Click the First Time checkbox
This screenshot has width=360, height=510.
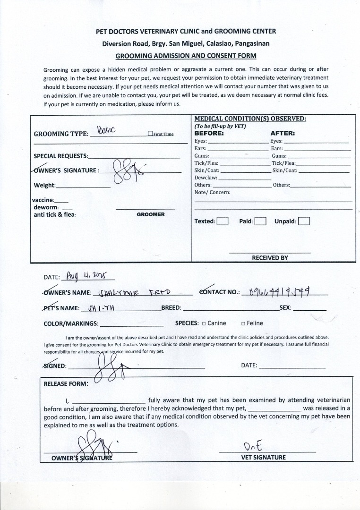150,134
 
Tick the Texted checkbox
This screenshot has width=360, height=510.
223,221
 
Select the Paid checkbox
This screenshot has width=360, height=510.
260,221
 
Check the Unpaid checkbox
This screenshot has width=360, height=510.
304,221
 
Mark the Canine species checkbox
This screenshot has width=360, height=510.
204,323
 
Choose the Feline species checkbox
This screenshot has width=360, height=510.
243,323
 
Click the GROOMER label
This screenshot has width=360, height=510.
151,214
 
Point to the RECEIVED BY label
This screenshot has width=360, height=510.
270,258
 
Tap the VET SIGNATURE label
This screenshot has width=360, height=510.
264,457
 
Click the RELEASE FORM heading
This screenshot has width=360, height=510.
66,383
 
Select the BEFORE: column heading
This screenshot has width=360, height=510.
209,134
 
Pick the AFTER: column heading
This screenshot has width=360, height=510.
283,134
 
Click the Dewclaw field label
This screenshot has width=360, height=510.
206,178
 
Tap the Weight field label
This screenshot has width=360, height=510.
44,185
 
